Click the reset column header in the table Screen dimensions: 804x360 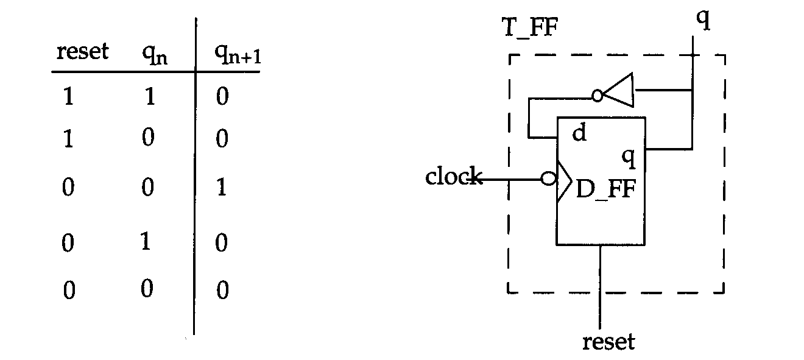coord(83,51)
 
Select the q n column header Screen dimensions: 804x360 coord(155,55)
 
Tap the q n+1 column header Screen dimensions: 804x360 coord(238,55)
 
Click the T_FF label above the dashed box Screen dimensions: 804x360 coord(530,27)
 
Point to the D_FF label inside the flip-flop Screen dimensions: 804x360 coord(606,189)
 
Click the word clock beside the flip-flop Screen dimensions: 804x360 coord(454,176)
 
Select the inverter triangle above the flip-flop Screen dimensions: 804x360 coord(618,90)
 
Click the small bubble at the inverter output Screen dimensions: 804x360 coord(598,96)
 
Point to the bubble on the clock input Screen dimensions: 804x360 coord(548,178)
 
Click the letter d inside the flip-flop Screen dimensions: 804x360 coord(579,132)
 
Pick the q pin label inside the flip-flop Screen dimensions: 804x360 coord(629,158)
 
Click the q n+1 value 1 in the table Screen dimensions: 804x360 coord(222,188)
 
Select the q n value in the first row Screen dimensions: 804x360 coord(150,96)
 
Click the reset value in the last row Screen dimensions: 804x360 coord(69,290)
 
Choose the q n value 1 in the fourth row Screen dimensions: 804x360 coord(146,241)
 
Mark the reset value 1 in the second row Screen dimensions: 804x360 coord(68,139)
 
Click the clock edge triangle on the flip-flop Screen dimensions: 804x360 coord(564,182)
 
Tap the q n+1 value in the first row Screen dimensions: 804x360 coord(222,96)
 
